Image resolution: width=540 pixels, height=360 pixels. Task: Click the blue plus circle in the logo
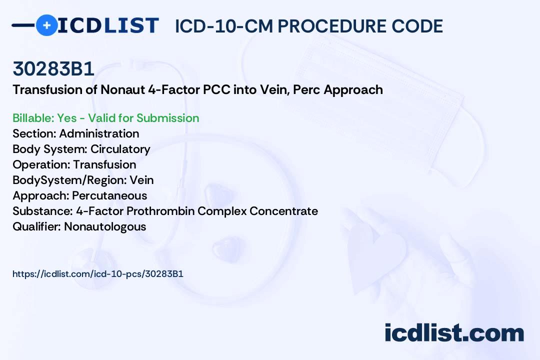[46, 25]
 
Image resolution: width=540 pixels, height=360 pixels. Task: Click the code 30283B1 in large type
[53, 68]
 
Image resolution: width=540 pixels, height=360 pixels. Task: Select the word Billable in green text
[32, 118]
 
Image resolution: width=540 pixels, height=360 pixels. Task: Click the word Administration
[99, 133]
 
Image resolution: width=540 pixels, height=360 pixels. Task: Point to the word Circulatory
[120, 149]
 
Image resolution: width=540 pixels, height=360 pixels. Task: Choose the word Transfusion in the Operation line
[104, 164]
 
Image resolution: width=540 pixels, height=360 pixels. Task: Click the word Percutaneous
[109, 195]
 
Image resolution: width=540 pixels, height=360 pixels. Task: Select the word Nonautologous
[105, 227]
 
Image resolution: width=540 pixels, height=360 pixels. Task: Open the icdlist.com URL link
[98, 274]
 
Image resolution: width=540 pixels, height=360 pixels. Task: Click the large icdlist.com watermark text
[454, 333]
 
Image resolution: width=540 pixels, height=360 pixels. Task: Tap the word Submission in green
[167, 118]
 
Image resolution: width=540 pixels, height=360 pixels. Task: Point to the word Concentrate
[284, 211]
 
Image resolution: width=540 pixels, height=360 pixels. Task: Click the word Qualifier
[37, 226]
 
